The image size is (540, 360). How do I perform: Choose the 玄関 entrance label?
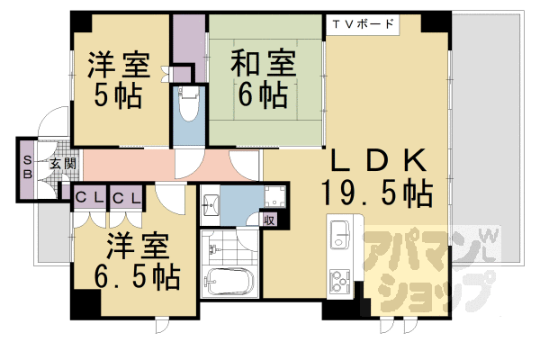tap(61, 165)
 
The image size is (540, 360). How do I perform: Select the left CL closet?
tap(88, 197)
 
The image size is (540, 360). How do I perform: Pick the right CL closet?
tap(126, 197)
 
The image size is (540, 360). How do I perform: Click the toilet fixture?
tap(188, 106)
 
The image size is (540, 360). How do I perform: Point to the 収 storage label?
tap(268, 219)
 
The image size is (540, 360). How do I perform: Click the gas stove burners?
tap(342, 286)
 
